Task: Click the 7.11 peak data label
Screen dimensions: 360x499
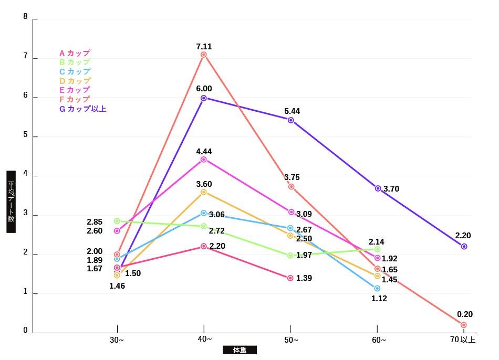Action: pos(204,47)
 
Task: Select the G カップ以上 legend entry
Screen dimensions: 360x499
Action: pos(82,109)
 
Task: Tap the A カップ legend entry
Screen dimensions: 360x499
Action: pos(75,53)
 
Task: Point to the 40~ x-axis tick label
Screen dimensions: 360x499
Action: pos(204,340)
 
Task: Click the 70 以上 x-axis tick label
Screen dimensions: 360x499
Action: pos(463,340)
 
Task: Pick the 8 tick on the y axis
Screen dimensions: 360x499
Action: pos(26,17)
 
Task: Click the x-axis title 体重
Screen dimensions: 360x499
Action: pos(240,350)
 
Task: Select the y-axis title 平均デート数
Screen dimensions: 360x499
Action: pos(11,202)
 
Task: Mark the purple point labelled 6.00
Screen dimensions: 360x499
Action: pos(204,98)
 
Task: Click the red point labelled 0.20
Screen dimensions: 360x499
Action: pos(463,325)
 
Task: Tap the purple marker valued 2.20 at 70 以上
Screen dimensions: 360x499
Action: pos(464,246)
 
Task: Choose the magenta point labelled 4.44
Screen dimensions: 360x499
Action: pos(204,160)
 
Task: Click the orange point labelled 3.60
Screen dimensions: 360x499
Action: pos(204,192)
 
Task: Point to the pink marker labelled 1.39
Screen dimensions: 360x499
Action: pos(290,278)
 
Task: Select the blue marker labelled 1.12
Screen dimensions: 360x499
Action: pos(377,289)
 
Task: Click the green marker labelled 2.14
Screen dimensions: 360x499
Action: pos(377,249)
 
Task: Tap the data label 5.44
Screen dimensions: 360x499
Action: pos(292,111)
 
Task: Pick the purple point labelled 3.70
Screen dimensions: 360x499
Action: pos(378,188)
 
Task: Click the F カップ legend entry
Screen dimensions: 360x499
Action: pos(75,99)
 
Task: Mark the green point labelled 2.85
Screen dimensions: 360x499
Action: pos(117,221)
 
